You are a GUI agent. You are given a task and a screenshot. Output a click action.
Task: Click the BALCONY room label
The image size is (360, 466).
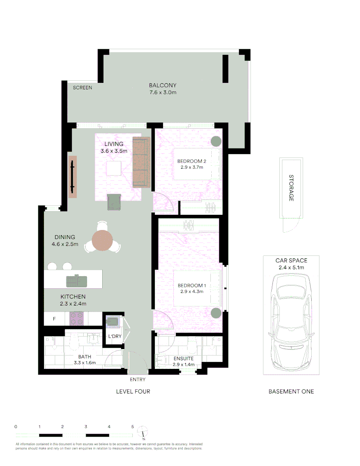[x=163, y=85]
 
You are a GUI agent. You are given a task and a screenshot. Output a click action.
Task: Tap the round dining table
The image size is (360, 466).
[x=103, y=240]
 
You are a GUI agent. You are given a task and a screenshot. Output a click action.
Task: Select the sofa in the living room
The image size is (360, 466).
[x=141, y=162]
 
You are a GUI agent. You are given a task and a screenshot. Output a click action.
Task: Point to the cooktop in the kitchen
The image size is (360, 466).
[x=77, y=319]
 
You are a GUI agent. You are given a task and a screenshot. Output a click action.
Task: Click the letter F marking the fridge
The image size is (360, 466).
[x=54, y=319]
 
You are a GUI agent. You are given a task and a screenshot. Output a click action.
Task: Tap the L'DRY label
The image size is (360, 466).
[x=114, y=336]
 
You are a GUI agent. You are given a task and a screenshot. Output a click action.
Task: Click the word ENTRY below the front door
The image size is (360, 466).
[x=138, y=380]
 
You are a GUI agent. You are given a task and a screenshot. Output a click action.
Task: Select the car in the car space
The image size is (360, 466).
[x=291, y=323]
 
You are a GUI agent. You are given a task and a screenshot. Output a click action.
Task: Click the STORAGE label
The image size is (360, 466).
[x=291, y=188]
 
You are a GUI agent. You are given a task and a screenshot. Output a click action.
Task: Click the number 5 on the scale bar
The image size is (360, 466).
[x=132, y=426]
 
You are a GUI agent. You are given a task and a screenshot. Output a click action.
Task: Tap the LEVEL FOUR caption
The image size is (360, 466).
[x=133, y=391]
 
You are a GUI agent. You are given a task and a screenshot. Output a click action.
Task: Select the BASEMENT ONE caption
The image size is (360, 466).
[x=291, y=391]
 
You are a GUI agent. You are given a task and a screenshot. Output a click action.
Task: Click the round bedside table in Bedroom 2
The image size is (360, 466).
[x=216, y=141]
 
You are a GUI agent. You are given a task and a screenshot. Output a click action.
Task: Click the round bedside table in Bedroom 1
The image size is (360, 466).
[x=216, y=313]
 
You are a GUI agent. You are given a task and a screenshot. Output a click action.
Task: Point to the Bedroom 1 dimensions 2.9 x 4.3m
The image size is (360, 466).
[x=192, y=291]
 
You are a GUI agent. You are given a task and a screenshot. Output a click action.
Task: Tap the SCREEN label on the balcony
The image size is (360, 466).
[x=82, y=88]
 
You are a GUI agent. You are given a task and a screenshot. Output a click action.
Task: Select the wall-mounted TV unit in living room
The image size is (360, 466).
[x=72, y=176]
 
